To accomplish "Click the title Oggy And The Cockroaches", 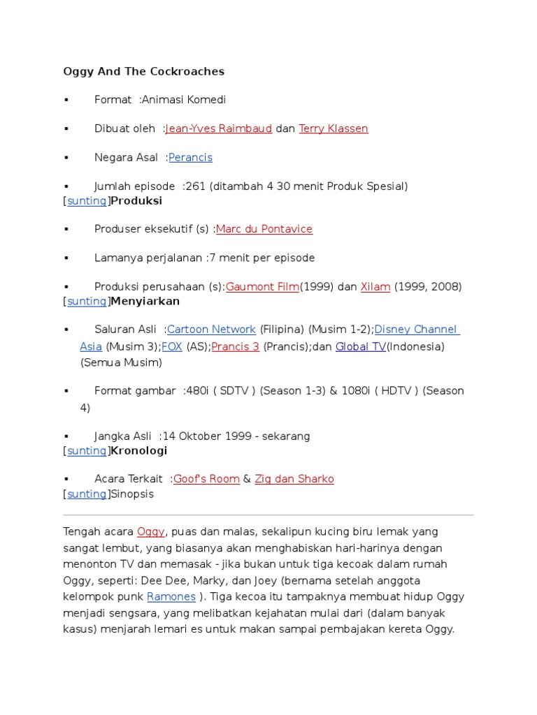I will coord(143,71).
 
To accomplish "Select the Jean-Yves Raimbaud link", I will coord(219,128).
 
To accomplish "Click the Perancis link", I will coord(190,157).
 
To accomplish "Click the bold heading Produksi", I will coord(136,201).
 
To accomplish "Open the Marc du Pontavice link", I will coord(264,229).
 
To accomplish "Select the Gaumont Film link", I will coord(262,286).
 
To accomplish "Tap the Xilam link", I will coord(375,286).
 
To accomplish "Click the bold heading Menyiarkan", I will coord(145,301).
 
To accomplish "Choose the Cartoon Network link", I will coord(211,330).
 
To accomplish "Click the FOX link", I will coord(172,346).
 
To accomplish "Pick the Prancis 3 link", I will coord(236,346).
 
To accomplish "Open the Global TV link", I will coord(360,346).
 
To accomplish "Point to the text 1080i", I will coord(356,391).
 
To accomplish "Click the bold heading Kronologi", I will coord(139,451).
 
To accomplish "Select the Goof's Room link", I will coord(206,479).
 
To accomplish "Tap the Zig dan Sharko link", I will coord(294,479).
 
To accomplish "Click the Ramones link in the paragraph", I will coord(171,597).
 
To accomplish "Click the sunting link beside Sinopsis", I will coord(87,494).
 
